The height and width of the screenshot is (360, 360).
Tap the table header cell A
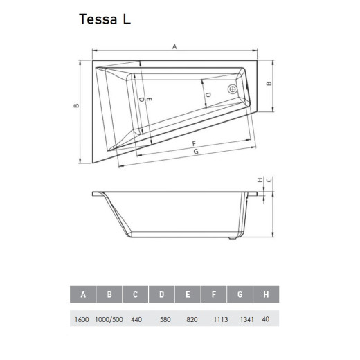tap(84, 294)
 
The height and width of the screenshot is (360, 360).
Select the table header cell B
tap(109, 294)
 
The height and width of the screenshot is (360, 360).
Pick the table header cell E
tap(188, 294)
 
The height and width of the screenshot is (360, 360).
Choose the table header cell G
tap(240, 294)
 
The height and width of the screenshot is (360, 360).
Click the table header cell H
tap(266, 294)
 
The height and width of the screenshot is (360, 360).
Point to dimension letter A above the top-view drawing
tap(175, 46)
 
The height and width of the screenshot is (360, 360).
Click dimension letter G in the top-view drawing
tap(196, 151)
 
